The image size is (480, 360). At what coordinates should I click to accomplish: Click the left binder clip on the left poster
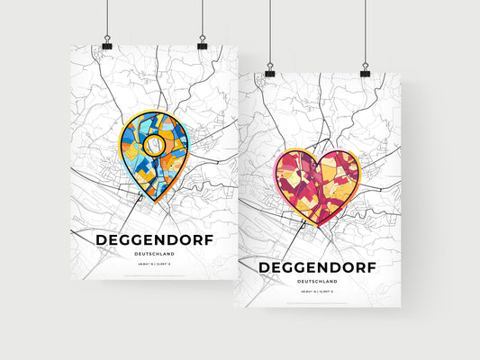pyautogui.click(x=106, y=44)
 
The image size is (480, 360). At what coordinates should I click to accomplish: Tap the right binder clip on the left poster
pyautogui.click(x=202, y=44)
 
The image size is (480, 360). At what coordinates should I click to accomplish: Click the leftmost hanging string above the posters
pyautogui.click(x=106, y=18)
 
